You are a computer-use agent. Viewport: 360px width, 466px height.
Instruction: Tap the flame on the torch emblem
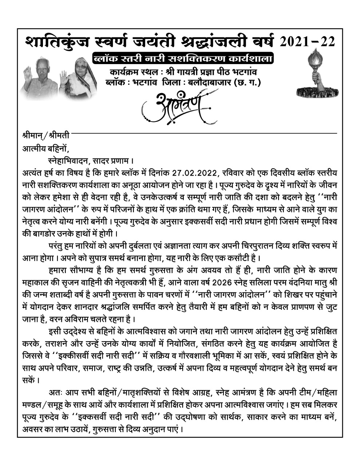tap(315, 58)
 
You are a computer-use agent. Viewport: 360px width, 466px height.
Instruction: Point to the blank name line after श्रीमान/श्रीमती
tap(204, 134)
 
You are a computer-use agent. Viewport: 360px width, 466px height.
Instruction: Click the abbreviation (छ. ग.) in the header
tap(249, 82)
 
